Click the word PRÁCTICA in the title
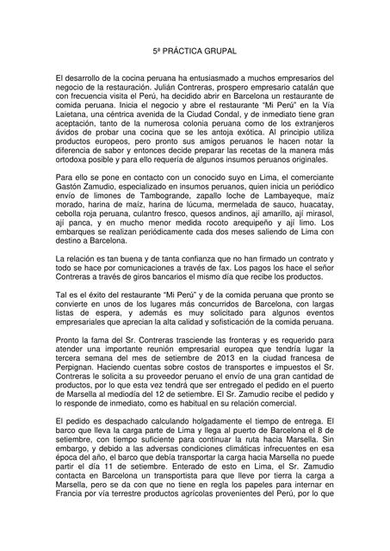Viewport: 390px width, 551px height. coord(187,52)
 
